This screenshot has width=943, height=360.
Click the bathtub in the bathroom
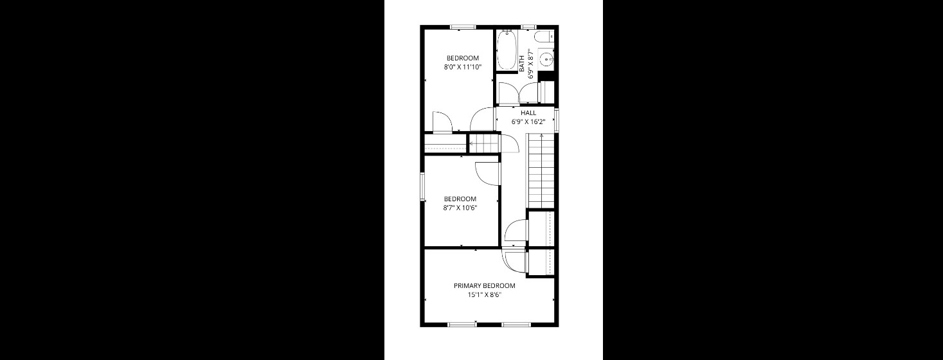click(507, 51)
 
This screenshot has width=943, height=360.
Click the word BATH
click(522, 62)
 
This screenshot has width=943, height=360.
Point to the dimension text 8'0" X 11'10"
click(462, 66)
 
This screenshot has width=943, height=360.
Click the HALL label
click(528, 113)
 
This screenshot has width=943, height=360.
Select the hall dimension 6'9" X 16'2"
click(528, 122)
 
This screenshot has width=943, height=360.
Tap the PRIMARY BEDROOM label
click(484, 286)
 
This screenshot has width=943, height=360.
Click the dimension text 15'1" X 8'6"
click(484, 295)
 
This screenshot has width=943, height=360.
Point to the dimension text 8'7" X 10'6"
click(460, 208)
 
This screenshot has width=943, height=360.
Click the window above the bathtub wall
click(528, 27)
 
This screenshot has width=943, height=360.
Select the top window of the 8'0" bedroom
click(462, 27)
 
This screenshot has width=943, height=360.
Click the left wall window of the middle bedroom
click(422, 186)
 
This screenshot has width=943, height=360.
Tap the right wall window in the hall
click(557, 120)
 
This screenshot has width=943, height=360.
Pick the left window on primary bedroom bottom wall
click(462, 324)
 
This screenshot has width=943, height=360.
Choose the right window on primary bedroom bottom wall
click(516, 324)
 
